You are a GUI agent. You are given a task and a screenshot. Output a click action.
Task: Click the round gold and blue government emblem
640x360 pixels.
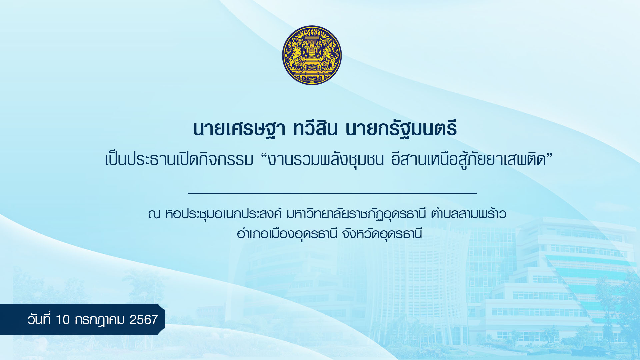pos(312,55)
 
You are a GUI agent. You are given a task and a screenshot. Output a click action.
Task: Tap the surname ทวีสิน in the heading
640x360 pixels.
pos(315,128)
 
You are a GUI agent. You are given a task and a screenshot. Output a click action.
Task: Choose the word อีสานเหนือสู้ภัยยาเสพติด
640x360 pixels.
pos(469,159)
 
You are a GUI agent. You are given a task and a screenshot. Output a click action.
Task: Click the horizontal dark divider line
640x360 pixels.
pos(332,193)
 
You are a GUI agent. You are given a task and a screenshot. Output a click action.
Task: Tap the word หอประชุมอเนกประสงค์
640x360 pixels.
pos(223,214)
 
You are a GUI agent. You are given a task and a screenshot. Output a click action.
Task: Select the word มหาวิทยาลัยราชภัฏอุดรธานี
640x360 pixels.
pos(356,214)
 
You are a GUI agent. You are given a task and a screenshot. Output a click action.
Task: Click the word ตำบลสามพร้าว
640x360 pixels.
pos(468,213)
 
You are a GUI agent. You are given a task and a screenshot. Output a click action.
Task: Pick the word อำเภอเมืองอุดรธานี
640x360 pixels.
pos(287,233)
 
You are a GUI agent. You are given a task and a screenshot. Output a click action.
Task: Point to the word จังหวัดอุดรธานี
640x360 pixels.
pos(382,233)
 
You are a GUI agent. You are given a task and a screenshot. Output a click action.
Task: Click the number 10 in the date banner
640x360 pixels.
pos(63,320)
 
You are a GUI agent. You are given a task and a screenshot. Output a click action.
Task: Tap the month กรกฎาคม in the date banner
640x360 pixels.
pos(100,320)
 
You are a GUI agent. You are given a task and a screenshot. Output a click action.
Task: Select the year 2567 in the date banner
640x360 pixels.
pos(144,320)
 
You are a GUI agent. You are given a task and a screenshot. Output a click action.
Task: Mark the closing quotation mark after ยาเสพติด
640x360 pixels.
pos(549,155)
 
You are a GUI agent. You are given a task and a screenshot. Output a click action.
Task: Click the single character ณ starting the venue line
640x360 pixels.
pos(154,214)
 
